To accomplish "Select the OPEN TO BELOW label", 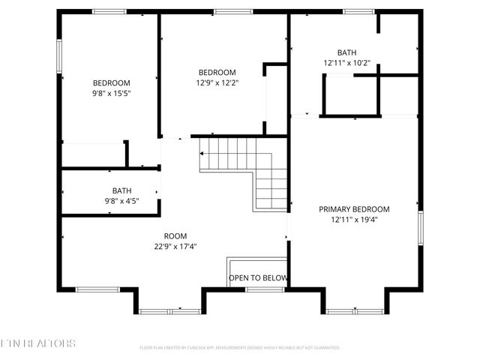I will click(x=258, y=278).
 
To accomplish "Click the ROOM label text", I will click(x=175, y=235).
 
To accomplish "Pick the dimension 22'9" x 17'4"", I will click(x=175, y=246).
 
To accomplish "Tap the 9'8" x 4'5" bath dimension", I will click(x=121, y=201).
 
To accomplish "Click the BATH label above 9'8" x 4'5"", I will click(x=121, y=190).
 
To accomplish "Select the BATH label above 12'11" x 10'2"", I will click(x=346, y=52).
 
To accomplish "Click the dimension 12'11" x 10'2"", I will click(x=346, y=63).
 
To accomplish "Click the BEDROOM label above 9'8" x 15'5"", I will click(x=111, y=82).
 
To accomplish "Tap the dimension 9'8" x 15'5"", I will click(x=111, y=93).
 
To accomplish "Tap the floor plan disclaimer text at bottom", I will click(x=240, y=348).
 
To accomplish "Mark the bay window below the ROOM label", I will click(x=169, y=310).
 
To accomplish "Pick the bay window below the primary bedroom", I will click(x=355, y=310).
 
